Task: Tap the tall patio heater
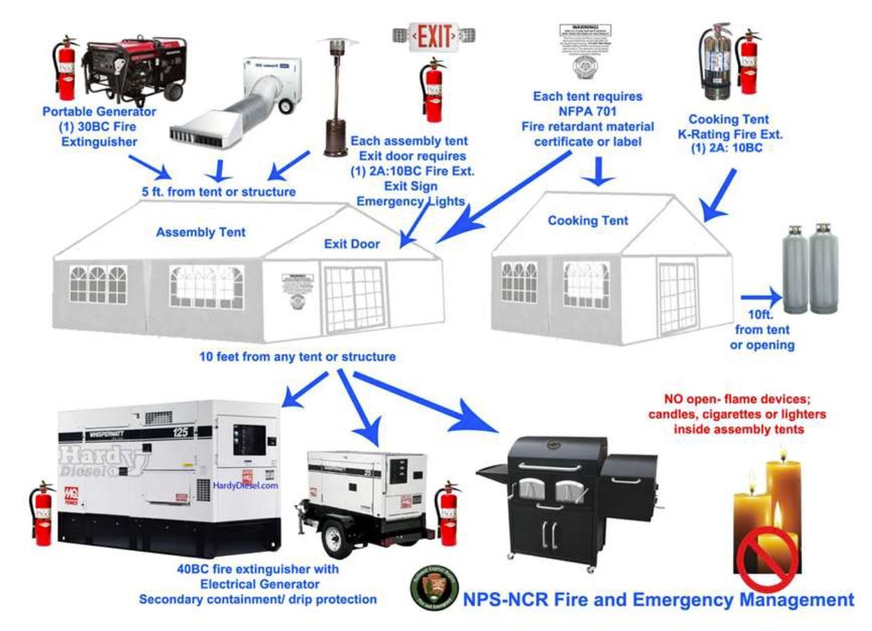click(x=334, y=98)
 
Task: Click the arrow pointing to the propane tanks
click(x=758, y=295)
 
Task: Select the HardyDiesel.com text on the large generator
click(x=246, y=485)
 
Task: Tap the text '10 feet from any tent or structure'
click(x=297, y=357)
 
